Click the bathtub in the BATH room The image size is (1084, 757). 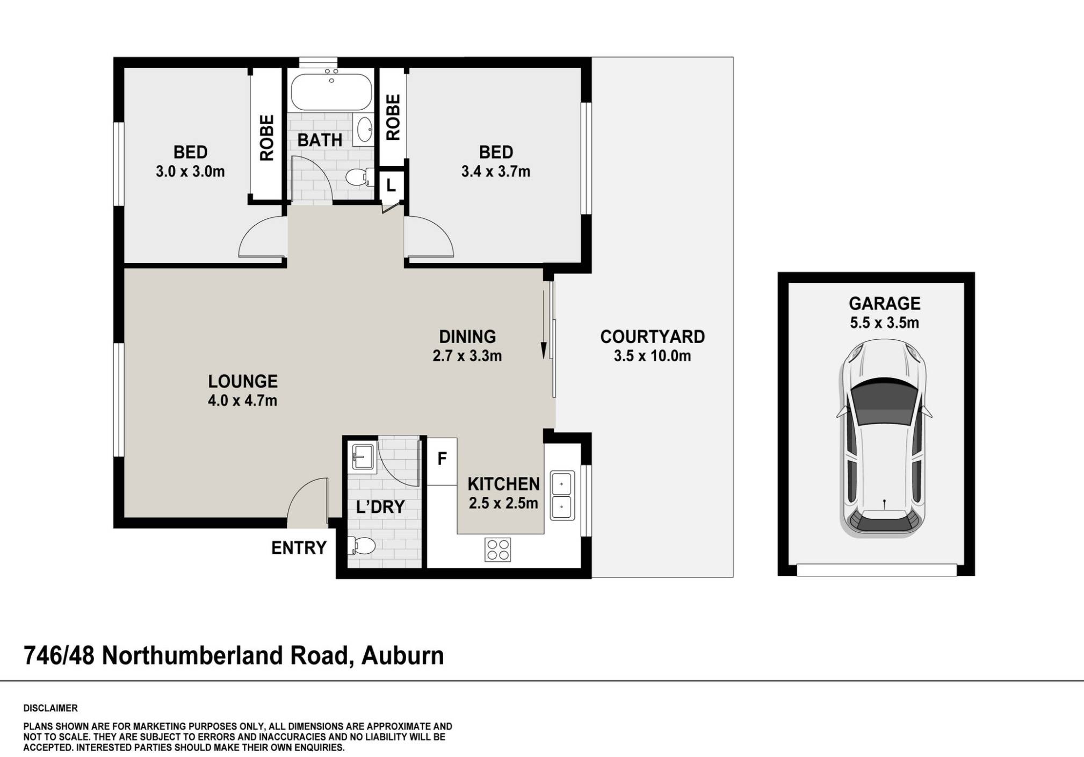point(331,92)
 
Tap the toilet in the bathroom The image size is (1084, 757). point(359,177)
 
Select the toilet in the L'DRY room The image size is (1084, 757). point(362,546)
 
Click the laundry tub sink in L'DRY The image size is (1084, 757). point(362,458)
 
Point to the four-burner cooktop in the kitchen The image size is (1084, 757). point(497,549)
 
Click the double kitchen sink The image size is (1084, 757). point(562,496)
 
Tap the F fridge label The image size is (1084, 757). point(442,459)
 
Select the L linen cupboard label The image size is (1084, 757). point(391,185)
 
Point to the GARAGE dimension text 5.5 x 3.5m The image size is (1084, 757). point(884,323)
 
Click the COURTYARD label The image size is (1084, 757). point(652,337)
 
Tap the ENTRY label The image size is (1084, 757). point(299,548)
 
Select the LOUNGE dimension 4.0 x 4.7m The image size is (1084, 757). point(242,401)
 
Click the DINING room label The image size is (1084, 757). point(467,337)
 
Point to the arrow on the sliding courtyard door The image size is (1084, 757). point(543,349)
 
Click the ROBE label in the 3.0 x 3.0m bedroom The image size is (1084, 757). point(266,138)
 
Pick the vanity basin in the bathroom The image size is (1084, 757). point(365,130)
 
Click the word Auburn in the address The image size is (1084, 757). point(402,656)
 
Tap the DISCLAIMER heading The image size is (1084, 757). point(50,708)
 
